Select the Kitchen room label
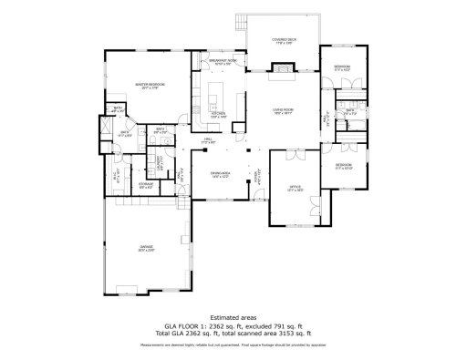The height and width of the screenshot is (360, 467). coord(217,116)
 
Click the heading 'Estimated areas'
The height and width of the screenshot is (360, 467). coord(233,316)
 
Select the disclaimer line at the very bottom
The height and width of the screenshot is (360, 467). coord(233,346)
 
